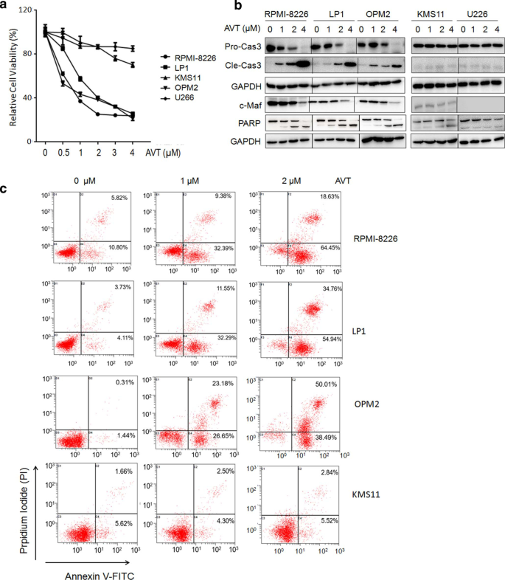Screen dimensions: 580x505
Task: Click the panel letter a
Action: pos(6,6)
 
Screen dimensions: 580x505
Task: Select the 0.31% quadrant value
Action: pos(102,384)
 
